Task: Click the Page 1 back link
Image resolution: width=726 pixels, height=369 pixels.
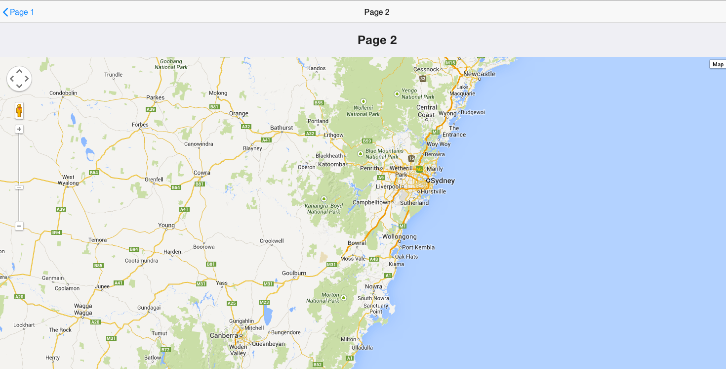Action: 19,12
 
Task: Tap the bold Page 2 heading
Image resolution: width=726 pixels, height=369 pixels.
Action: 377,40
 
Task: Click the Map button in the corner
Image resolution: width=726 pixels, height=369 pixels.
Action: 718,64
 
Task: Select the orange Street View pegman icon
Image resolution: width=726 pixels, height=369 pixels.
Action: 19,110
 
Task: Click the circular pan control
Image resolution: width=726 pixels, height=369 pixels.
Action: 19,79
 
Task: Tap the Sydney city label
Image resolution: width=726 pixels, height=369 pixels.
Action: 442,181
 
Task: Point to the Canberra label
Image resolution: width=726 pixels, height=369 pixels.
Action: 224,335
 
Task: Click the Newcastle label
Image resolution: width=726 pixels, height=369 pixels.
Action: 479,74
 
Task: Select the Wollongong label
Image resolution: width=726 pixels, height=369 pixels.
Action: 399,236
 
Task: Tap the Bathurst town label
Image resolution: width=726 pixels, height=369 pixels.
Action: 282,128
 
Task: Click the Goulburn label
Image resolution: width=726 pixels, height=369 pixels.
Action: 294,273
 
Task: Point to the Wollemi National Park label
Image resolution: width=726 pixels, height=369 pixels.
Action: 363,111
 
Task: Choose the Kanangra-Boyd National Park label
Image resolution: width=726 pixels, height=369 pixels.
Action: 324,209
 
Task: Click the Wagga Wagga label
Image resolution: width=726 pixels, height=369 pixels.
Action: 83,309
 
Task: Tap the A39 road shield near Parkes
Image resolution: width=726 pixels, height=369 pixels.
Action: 151,109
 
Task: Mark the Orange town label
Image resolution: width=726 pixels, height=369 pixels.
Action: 239,113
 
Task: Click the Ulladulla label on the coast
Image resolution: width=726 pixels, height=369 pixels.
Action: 362,348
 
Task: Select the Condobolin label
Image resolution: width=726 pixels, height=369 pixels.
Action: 63,92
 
